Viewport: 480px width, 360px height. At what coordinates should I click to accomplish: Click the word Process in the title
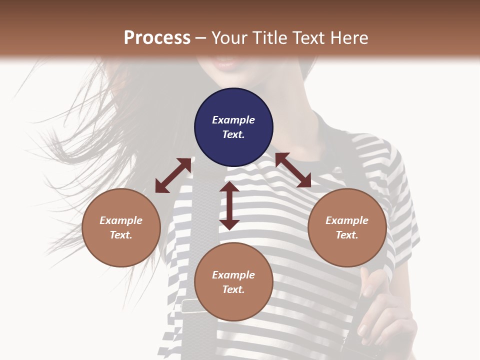point(157,38)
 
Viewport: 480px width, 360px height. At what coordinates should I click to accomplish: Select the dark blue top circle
point(233,127)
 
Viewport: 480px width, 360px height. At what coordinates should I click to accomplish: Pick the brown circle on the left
point(121,227)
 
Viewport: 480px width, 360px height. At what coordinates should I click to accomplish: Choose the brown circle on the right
point(347,227)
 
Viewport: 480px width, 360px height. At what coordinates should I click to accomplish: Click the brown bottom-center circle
point(233,282)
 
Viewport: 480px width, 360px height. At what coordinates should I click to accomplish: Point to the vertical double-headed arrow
point(229,205)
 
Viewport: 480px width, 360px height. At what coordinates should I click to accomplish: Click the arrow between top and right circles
point(293,170)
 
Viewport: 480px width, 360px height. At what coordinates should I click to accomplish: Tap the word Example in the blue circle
point(233,120)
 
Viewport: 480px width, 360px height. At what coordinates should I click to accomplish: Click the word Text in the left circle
point(120,235)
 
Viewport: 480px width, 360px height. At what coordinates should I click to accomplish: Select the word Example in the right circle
point(347,220)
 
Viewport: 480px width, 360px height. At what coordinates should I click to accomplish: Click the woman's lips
point(226,63)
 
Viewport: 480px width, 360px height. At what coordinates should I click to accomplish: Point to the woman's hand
point(385,310)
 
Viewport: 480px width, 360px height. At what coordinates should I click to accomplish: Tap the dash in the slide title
point(201,38)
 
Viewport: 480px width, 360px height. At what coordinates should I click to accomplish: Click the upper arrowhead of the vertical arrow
point(229,187)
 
